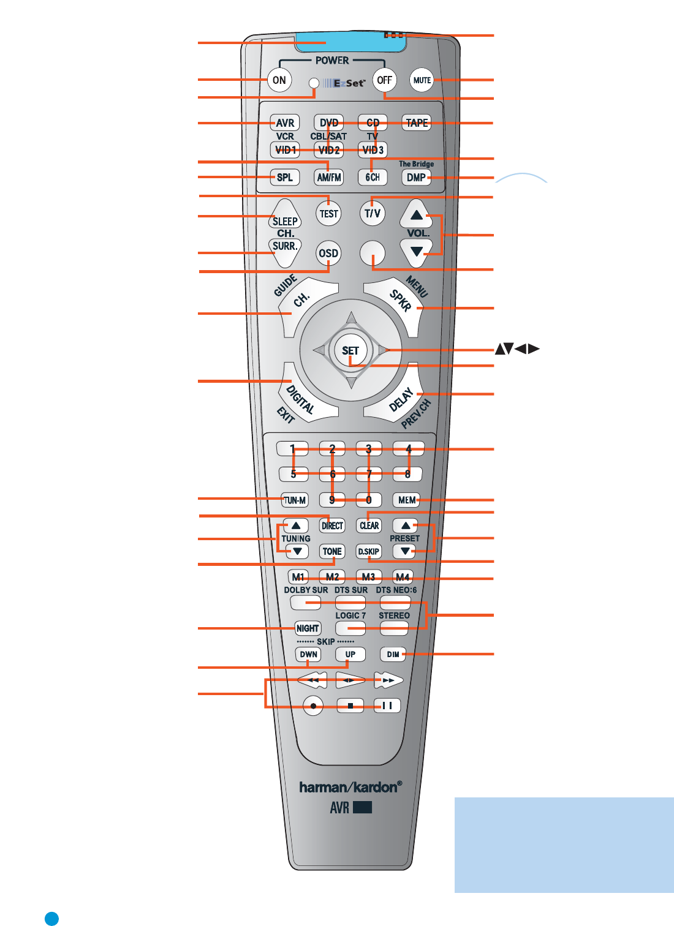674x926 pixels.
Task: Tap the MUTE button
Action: [422, 80]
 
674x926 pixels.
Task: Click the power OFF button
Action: [384, 80]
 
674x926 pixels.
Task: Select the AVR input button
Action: [285, 123]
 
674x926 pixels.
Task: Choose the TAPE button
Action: [417, 123]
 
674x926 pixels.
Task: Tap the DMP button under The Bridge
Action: [416, 178]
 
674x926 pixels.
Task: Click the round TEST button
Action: [329, 214]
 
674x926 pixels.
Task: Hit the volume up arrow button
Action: [417, 215]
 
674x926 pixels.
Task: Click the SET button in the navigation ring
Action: [350, 351]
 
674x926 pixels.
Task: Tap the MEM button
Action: [407, 500]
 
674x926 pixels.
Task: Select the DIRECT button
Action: [332, 525]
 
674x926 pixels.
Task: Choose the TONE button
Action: [332, 551]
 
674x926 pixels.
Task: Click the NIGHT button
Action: [308, 628]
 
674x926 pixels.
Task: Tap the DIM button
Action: [393, 654]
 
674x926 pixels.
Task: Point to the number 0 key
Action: [369, 500]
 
